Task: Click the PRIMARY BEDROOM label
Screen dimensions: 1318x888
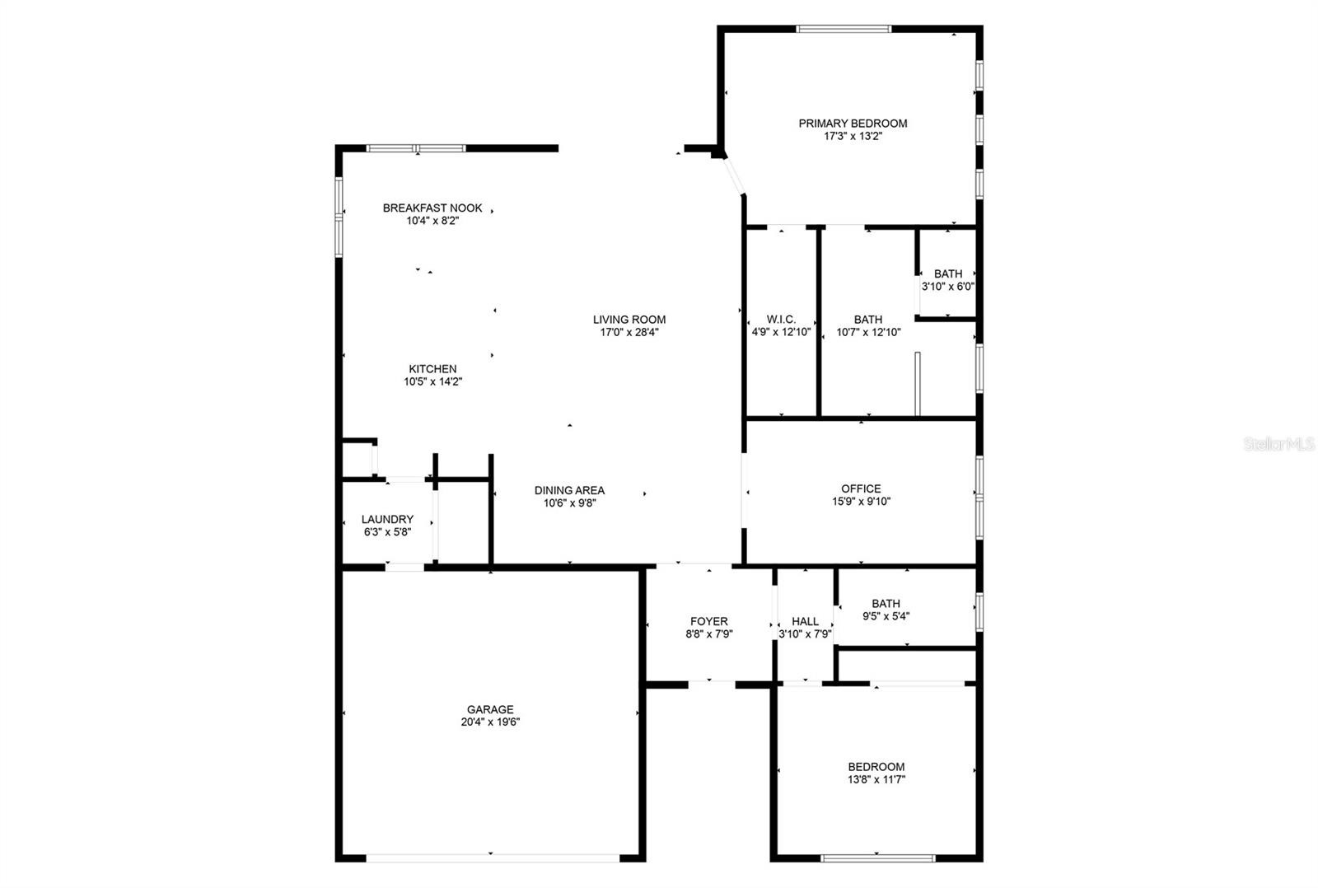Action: point(853,124)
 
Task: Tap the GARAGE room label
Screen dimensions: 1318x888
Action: point(490,710)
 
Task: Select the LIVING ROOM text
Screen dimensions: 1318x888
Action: point(629,320)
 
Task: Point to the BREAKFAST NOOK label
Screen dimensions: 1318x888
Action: point(432,208)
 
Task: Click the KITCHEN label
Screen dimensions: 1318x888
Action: point(432,369)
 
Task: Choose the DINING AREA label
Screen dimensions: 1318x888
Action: point(569,490)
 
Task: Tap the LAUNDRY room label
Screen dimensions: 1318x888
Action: point(387,520)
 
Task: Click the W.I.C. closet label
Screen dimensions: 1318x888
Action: point(781,320)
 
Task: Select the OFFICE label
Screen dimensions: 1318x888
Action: point(861,489)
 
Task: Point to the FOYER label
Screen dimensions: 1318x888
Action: point(709,621)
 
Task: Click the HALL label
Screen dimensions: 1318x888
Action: point(805,621)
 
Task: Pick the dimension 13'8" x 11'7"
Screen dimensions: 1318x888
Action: point(876,780)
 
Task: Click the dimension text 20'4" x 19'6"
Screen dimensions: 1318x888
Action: point(490,722)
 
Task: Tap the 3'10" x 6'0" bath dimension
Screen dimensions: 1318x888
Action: point(948,287)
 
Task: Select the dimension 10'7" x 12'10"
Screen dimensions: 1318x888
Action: point(868,333)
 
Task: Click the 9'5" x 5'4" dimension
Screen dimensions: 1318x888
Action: point(886,616)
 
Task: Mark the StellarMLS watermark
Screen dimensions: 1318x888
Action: point(1278,444)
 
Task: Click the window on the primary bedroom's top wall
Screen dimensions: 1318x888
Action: point(844,29)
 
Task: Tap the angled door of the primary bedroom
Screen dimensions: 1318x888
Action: point(734,175)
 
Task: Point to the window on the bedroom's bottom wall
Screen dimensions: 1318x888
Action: point(877,858)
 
